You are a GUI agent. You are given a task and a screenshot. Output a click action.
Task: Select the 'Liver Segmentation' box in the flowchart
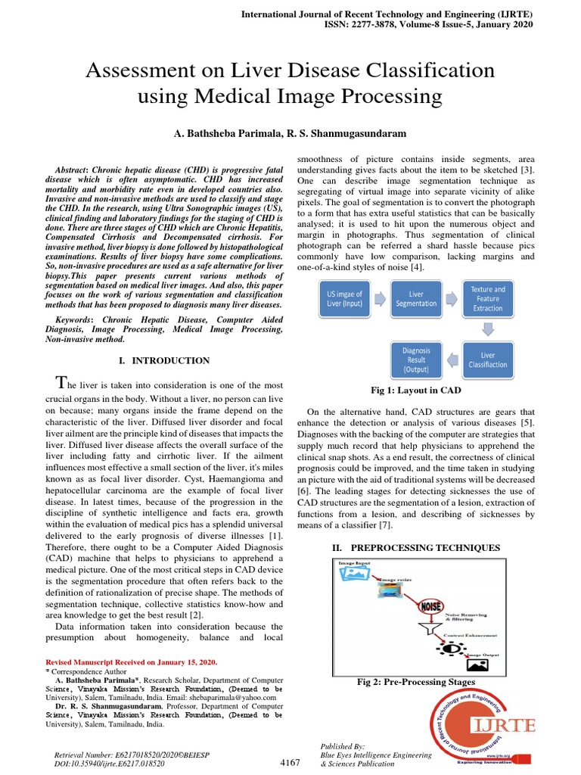(415, 299)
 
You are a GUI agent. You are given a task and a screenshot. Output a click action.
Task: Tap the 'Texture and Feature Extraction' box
(487, 299)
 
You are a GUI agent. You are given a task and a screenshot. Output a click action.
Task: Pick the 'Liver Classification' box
(487, 359)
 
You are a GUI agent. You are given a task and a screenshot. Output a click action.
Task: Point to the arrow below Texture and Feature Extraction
(488, 329)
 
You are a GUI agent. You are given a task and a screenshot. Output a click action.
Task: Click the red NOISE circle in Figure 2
(431, 606)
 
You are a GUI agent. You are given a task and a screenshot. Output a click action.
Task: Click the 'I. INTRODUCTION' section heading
(164, 360)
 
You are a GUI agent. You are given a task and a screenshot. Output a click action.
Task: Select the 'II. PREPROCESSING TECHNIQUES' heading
(415, 546)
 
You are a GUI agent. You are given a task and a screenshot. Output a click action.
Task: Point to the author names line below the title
(290, 133)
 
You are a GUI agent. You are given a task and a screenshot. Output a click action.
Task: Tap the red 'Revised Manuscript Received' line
(126, 661)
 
